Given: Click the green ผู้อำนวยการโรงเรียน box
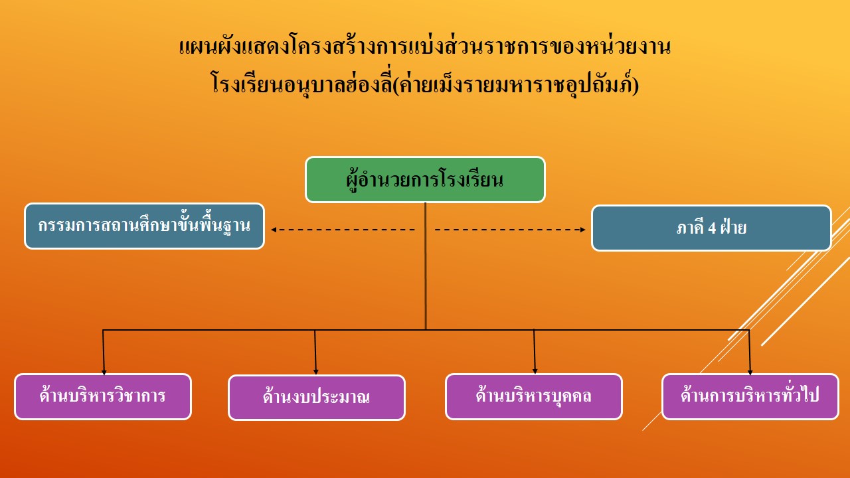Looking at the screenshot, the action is coord(425,179).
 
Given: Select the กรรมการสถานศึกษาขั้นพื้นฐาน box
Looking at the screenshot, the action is coord(144,226).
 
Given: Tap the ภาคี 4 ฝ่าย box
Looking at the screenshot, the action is coord(711,228).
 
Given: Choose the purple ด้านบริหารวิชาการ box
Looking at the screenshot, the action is coord(103,396).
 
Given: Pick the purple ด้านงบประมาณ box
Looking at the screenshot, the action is coord(317,398).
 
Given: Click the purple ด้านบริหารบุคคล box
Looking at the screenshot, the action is coord(533,396).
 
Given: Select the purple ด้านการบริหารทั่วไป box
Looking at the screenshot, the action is coord(750,396).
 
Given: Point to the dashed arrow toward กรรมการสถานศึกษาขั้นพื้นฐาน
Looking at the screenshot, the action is coord(343,230).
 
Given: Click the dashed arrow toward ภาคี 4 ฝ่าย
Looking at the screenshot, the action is coord(510,230).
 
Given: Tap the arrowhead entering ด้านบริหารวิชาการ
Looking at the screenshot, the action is coord(104,372).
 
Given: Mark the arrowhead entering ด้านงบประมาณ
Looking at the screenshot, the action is coord(315,372).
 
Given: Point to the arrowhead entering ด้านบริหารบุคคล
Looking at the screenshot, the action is coord(535,371).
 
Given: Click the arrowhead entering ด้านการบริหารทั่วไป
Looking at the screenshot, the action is coord(750,372).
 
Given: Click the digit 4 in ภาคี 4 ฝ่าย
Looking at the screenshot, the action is coord(712,228).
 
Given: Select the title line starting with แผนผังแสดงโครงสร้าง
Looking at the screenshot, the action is coord(425,47).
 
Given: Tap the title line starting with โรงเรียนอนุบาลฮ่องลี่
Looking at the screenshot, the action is coord(425,83).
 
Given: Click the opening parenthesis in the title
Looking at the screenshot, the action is coord(396,85).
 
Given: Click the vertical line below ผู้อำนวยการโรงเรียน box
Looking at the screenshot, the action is coord(426,266).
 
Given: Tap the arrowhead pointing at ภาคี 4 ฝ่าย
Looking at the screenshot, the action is coord(583,230).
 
